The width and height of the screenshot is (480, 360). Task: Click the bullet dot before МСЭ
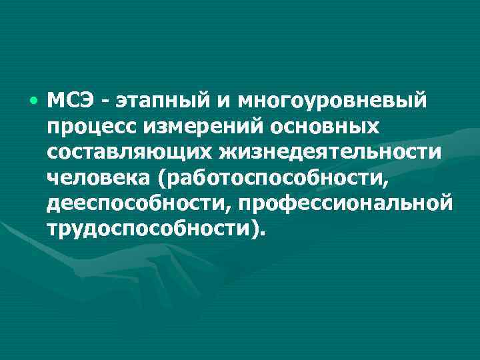click(x=33, y=101)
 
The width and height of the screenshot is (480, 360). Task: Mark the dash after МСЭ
click(x=106, y=102)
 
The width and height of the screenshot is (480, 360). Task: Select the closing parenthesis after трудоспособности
click(x=255, y=227)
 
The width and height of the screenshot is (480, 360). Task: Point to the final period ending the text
click(x=263, y=233)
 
